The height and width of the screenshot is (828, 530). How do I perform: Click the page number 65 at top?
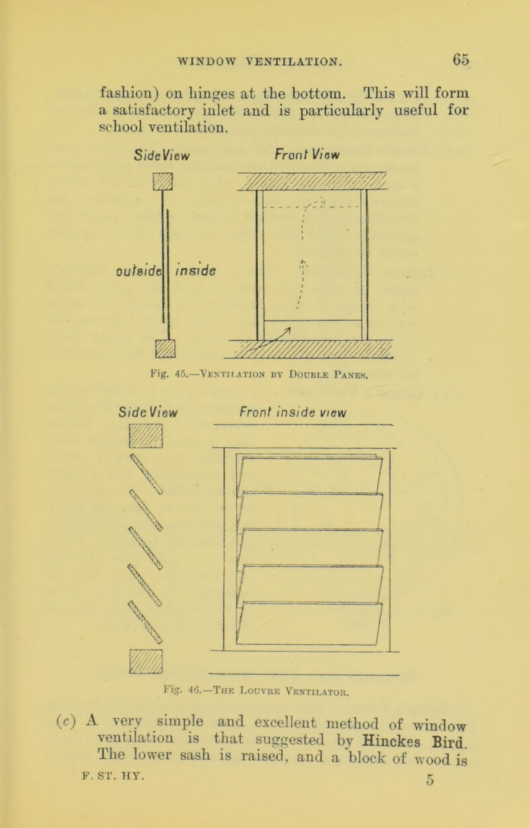point(461,60)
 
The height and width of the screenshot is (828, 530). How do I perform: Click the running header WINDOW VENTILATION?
point(260,61)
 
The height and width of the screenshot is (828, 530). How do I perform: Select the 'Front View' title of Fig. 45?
point(307,154)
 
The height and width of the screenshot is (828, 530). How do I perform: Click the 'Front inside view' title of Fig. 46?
point(293,412)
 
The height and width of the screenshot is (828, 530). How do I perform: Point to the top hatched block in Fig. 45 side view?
point(162,181)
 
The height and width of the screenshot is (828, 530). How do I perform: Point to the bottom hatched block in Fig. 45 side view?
point(165,348)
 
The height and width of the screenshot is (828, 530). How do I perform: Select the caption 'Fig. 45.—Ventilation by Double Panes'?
point(259,375)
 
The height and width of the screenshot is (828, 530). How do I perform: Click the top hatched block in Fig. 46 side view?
point(146,436)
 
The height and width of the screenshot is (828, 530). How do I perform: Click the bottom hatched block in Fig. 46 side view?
point(146,661)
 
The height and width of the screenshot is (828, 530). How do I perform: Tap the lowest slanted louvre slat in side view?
point(145,622)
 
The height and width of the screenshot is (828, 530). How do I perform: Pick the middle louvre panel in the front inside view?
point(311,547)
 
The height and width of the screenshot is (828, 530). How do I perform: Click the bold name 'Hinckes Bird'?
point(414,741)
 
